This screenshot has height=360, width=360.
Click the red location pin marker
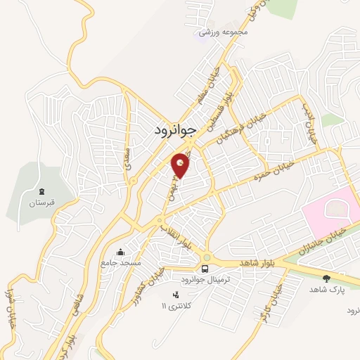[x=181, y=165]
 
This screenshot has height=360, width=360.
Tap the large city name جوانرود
[x=178, y=130]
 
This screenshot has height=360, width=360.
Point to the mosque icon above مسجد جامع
[x=121, y=251]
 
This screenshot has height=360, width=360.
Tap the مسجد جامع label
[x=121, y=262]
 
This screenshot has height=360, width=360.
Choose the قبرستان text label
[x=41, y=203]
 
